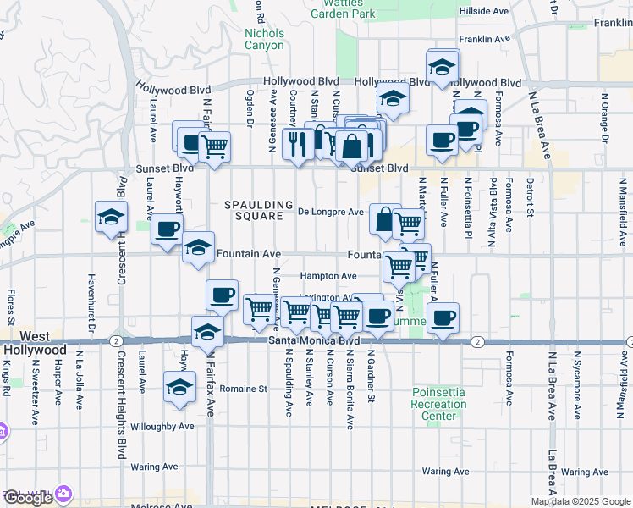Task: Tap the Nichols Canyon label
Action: coord(264,39)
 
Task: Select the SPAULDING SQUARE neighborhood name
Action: coord(252,210)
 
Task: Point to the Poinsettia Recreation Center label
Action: coord(439,404)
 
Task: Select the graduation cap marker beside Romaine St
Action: coord(179,387)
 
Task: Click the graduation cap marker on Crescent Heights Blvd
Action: coord(110,218)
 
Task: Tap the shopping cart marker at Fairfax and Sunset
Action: coord(214,146)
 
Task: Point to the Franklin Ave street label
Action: coord(485,39)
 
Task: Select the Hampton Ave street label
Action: coord(329,276)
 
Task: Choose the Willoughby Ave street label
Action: coord(162,427)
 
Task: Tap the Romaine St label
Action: coord(243,389)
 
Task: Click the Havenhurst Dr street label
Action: coord(89,300)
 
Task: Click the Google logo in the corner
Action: coord(28,498)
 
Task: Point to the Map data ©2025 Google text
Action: coord(581,501)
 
